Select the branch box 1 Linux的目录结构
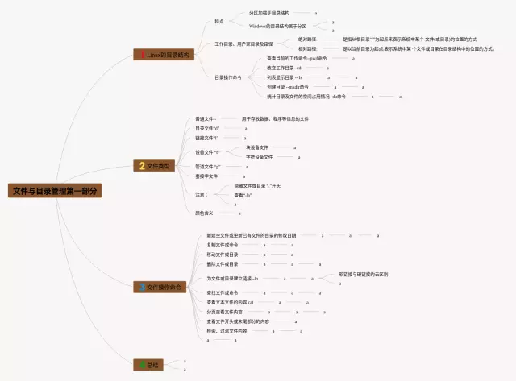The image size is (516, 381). point(164,55)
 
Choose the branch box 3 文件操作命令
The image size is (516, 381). point(161,287)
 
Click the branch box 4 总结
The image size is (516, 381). point(150,365)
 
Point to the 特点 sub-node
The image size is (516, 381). point(219,21)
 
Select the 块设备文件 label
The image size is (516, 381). point(257,147)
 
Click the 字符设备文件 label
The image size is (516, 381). point(259,157)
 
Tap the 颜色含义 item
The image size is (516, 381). point(205,213)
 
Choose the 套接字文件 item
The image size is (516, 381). point(207,176)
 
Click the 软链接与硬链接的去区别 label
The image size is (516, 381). point(363,274)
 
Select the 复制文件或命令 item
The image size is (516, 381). point(223,245)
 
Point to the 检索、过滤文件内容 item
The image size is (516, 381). point(227,330)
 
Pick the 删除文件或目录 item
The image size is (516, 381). point(223,263)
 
